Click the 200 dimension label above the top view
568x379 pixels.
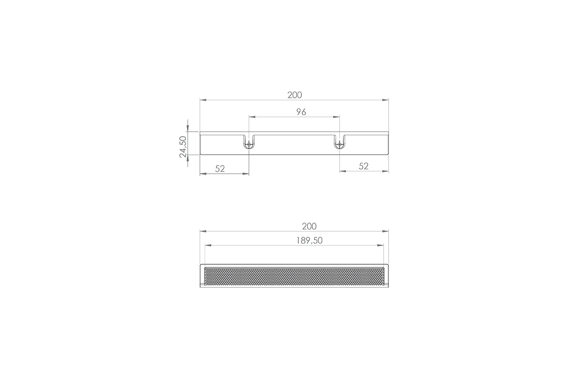[295, 95]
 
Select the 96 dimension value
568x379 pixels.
[301, 112]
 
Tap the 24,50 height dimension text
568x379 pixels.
[183, 147]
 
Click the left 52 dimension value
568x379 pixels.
[220, 169]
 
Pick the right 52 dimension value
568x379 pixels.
[363, 166]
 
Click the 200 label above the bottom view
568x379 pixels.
[309, 226]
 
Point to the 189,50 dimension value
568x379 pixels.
[310, 240]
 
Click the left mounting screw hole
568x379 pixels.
[249, 145]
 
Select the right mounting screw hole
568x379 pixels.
[340, 145]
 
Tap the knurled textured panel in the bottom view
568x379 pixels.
[294, 276]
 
